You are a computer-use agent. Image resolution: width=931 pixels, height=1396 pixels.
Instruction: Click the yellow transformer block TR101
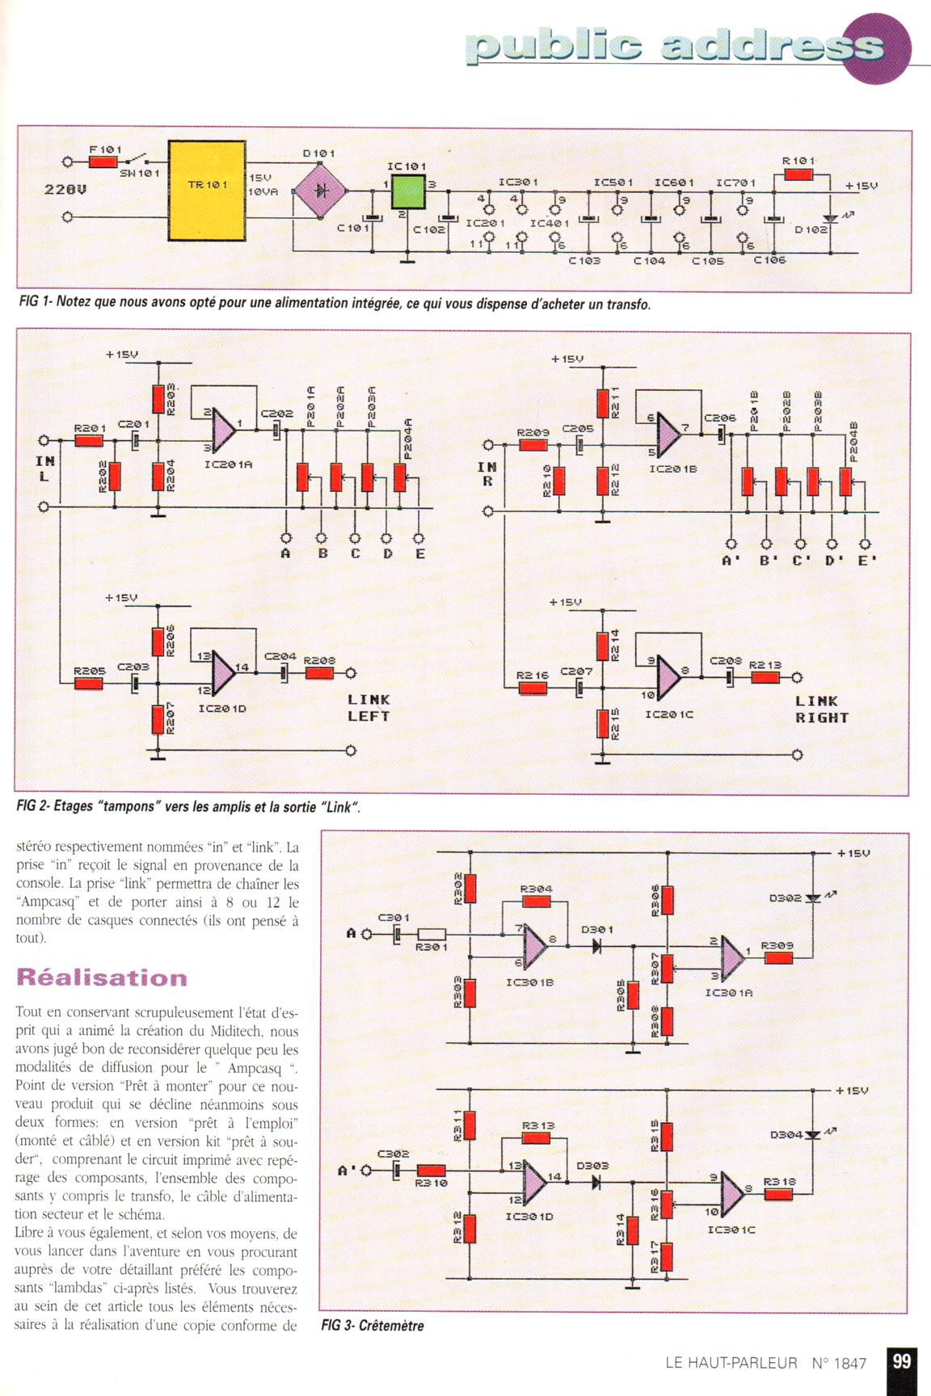[x=207, y=190]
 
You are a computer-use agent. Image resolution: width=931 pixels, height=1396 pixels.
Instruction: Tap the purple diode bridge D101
[x=320, y=191]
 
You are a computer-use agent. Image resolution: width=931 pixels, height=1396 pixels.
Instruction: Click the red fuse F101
[x=103, y=162]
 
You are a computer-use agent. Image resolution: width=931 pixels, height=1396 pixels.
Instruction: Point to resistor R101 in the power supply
[x=798, y=174]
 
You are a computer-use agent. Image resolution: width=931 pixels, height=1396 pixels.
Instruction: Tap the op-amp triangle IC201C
[x=667, y=676]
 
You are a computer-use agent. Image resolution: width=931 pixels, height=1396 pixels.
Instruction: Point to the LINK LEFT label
[x=369, y=708]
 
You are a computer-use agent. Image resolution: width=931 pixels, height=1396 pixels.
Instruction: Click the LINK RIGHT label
[x=821, y=709]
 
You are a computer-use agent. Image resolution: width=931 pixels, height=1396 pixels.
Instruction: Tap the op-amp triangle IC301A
[x=733, y=956]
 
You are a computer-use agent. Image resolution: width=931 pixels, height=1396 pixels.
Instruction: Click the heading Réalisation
[x=102, y=978]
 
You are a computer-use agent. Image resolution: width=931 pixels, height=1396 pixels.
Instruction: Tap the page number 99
[x=901, y=1361]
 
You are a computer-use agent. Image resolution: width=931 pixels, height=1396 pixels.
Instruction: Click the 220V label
[x=65, y=190]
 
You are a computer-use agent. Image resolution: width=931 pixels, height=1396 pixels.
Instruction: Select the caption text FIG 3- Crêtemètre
[x=373, y=1325]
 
